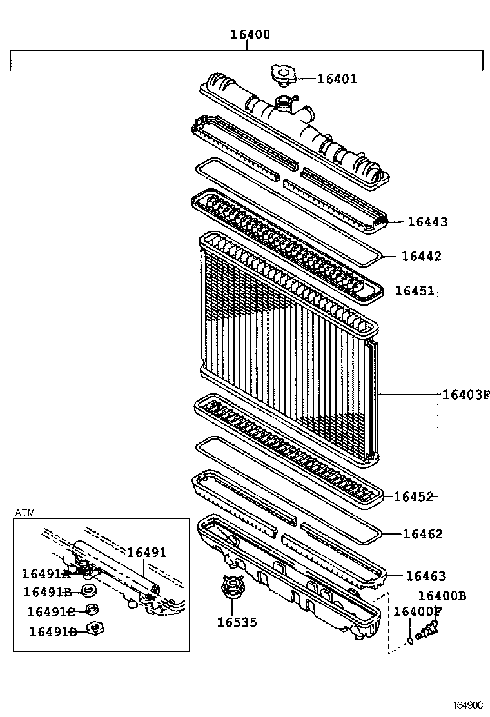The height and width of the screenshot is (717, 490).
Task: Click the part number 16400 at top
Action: [250, 35]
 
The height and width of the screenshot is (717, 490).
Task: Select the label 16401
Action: [337, 79]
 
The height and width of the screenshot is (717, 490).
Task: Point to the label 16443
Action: [427, 222]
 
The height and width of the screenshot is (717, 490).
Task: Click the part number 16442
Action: [422, 257]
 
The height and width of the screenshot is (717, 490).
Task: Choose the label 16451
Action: [415, 291]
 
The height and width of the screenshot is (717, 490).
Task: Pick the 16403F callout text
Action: [465, 394]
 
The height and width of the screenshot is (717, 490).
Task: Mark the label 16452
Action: [413, 496]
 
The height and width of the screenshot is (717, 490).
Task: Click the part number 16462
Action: [423, 534]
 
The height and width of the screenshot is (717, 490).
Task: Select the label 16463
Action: [425, 576]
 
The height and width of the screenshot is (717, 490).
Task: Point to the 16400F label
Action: [418, 611]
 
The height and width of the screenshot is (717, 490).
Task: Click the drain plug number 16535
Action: [237, 622]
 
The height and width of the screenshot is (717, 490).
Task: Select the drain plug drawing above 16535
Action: [230, 589]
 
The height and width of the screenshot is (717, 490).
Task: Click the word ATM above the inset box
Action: [24, 512]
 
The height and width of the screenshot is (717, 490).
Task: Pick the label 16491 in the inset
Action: [146, 553]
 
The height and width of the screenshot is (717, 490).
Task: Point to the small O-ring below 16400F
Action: [411, 640]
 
